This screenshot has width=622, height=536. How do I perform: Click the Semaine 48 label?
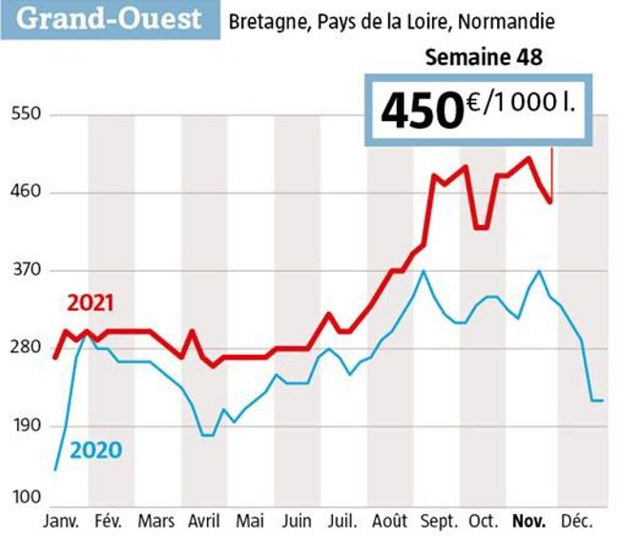click(x=483, y=58)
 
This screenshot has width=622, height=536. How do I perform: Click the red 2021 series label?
click(x=91, y=304)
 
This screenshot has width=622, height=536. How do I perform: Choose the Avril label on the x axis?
click(x=203, y=522)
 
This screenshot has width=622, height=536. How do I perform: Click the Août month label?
click(x=390, y=522)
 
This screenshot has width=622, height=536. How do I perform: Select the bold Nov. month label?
click(x=529, y=522)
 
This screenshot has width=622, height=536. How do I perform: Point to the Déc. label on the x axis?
click(x=576, y=522)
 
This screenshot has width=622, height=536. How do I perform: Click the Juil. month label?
click(x=343, y=522)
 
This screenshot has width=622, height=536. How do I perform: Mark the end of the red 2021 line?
click(x=550, y=201)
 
